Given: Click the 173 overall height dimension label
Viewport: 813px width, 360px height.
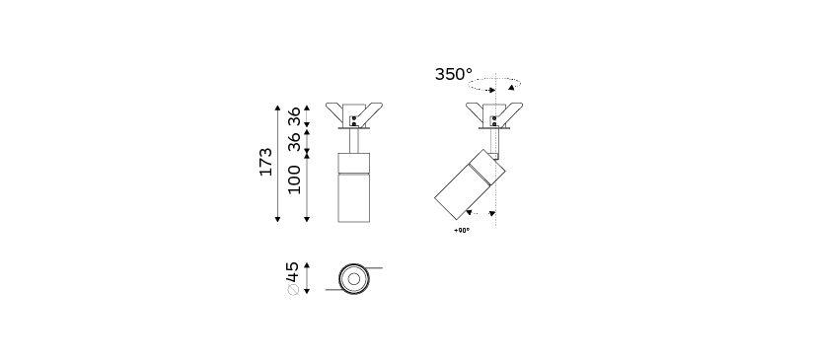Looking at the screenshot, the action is (x=266, y=162).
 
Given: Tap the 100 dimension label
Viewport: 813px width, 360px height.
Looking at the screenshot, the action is (x=294, y=180).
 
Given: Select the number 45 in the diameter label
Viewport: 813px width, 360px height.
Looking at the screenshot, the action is (x=292, y=271).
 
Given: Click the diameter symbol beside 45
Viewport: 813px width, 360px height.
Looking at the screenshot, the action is (x=293, y=290).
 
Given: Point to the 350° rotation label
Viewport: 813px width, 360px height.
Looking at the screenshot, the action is (x=454, y=75).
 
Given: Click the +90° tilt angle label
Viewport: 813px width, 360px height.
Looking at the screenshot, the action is (x=462, y=231).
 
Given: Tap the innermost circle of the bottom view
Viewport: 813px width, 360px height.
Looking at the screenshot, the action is (x=354, y=279).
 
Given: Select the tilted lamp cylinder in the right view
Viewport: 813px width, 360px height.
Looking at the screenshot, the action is (x=470, y=183).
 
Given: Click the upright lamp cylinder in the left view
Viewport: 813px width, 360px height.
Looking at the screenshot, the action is (x=354, y=187).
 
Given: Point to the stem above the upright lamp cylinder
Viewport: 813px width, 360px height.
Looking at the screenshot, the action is (x=354, y=140).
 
